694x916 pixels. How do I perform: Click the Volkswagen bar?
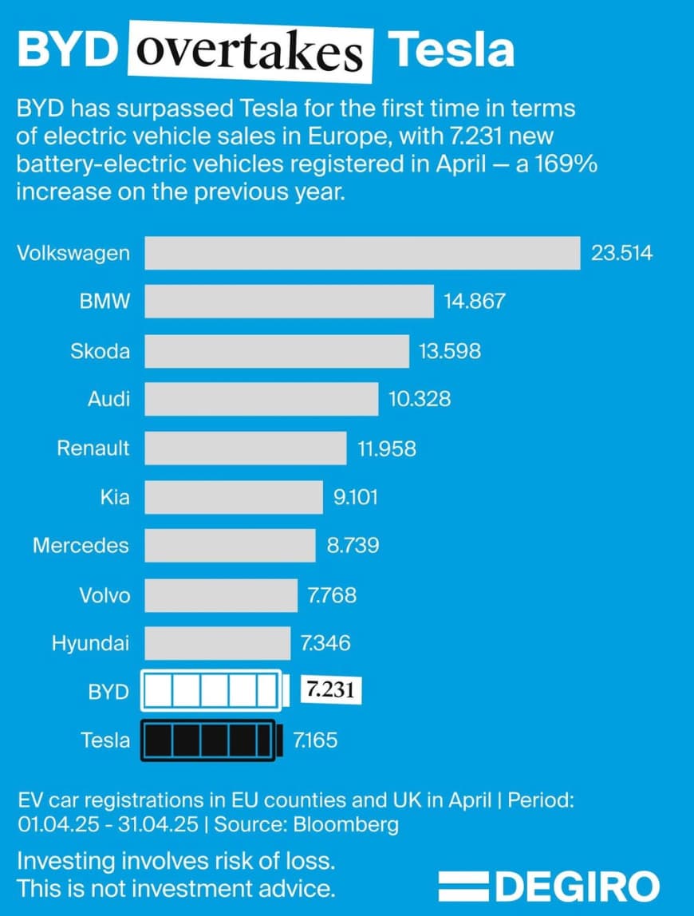coord(361,253)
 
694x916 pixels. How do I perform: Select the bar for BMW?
coord(289,302)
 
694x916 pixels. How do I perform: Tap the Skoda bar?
coord(276,350)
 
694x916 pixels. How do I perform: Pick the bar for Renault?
coord(245,448)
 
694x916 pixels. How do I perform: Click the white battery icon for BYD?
coord(213,691)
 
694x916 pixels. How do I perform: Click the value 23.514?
coord(621,253)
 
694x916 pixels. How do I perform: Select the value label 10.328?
coord(420,399)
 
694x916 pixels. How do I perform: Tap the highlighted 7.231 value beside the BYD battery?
coord(331,691)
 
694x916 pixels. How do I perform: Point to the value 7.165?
coord(315,740)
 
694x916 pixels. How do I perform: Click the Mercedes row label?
coord(81,546)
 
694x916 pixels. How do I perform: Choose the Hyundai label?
coord(90,643)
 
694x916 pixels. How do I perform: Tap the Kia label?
coord(115,497)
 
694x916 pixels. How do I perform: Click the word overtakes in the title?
coord(250,52)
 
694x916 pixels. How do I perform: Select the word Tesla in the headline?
coord(451,50)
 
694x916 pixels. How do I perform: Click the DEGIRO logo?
coord(550,886)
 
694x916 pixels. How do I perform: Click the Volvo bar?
coord(220,594)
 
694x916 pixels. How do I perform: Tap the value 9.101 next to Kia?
coord(355,497)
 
